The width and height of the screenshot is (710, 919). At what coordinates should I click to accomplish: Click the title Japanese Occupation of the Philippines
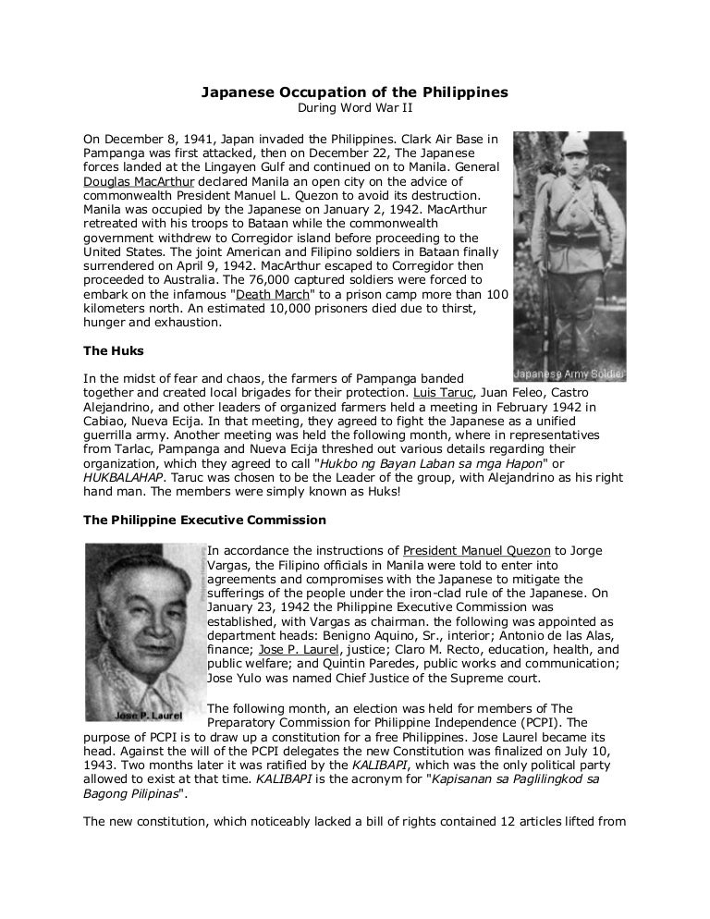point(355,93)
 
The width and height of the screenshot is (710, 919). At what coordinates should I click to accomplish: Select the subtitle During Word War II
point(355,108)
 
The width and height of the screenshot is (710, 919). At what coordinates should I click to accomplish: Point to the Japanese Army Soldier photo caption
point(568,375)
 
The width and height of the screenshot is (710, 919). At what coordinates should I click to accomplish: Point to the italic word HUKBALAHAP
point(126,478)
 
